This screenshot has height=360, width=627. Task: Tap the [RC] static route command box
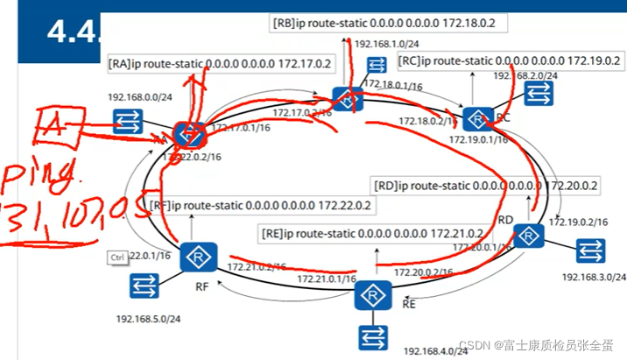click(x=510, y=61)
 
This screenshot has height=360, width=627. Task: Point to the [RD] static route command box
click(x=486, y=186)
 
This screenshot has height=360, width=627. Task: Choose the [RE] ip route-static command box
click(x=373, y=233)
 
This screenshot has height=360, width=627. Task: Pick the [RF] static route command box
click(x=260, y=206)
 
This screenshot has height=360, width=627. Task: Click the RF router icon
click(x=198, y=258)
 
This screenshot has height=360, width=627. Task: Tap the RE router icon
click(x=372, y=296)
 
